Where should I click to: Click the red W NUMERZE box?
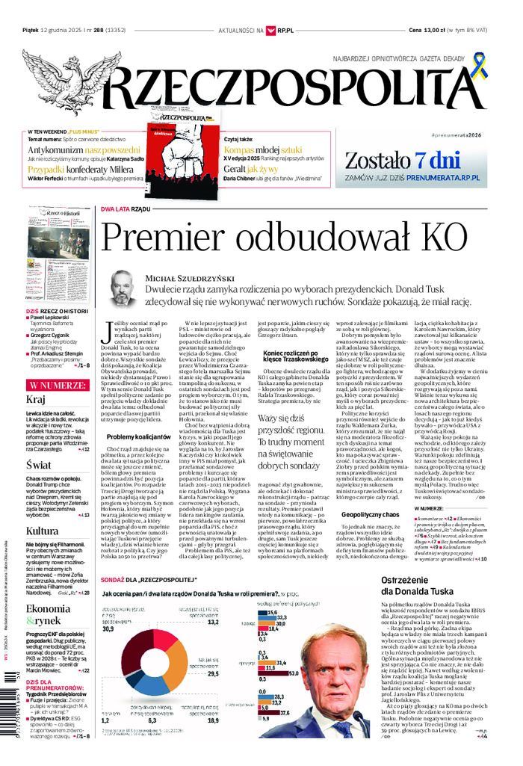pyautogui.click(x=58, y=385)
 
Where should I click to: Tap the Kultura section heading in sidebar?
pyautogui.click(x=42, y=531)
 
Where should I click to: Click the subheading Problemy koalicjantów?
pyautogui.click(x=138, y=436)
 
